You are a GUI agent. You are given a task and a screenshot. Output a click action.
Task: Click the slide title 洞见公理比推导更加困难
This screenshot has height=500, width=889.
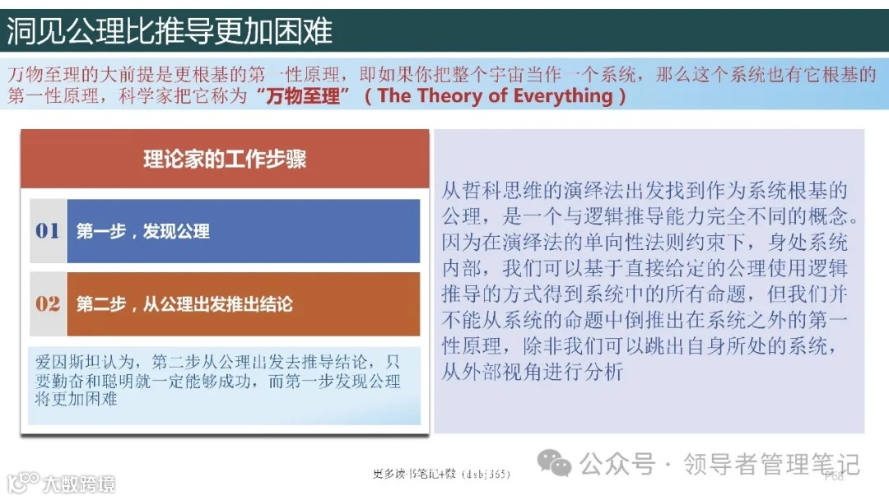coord(170,31)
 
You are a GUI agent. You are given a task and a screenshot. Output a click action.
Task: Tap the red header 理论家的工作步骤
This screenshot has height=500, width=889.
coord(225,159)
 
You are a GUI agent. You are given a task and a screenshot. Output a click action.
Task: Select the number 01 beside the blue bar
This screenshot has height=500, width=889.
coord(48,231)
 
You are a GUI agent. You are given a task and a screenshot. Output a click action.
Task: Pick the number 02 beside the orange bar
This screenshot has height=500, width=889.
coord(48,304)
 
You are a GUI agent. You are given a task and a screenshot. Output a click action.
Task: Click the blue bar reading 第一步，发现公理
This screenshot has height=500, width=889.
coord(243,231)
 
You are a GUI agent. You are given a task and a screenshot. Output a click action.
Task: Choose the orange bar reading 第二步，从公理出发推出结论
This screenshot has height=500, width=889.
coord(243,304)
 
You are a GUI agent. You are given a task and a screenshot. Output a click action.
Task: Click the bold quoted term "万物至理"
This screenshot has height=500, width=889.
coord(297,96)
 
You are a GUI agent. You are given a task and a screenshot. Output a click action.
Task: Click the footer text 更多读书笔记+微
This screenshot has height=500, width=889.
coord(414,474)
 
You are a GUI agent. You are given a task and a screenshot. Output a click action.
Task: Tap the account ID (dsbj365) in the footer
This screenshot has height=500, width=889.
coord(486,475)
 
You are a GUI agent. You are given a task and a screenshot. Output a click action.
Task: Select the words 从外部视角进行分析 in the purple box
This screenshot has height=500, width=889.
coord(533,371)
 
